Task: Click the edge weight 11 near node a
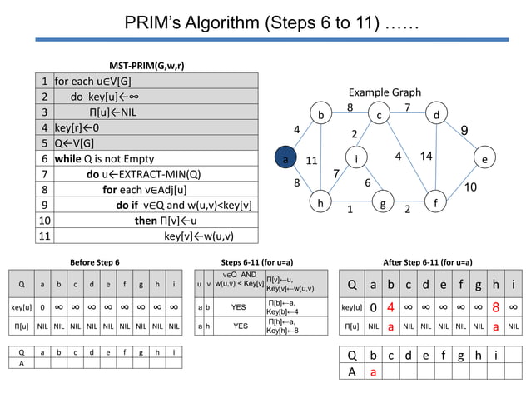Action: (312, 160)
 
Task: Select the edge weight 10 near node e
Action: (470, 187)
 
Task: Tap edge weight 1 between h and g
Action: (350, 210)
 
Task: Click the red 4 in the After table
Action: (390, 307)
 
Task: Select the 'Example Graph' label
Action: (385, 92)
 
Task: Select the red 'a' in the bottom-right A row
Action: (373, 372)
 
